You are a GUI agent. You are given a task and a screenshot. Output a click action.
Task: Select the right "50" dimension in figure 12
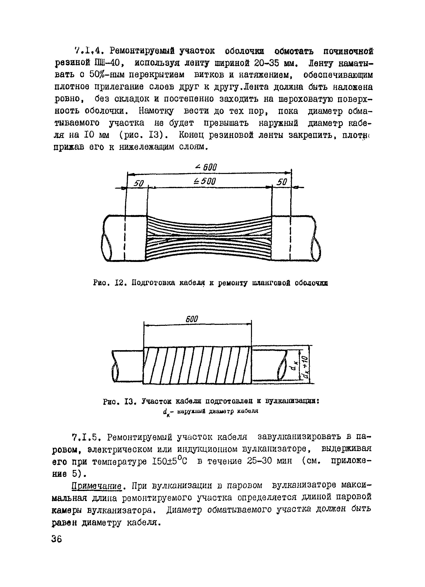pyautogui.click(x=282, y=182)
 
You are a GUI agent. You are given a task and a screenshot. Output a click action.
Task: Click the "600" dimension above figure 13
pyautogui.click(x=192, y=319)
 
